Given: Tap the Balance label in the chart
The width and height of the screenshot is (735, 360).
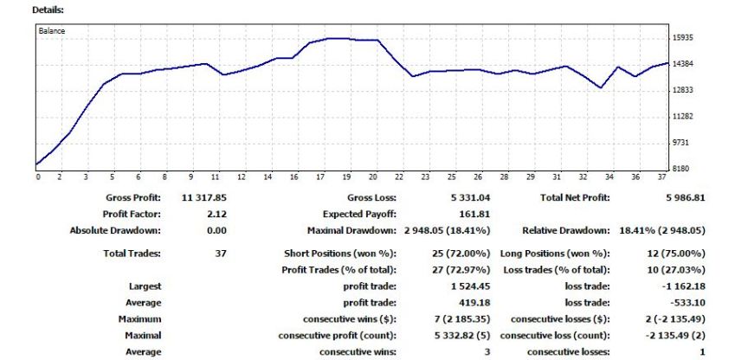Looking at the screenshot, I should pyautogui.click(x=52, y=30).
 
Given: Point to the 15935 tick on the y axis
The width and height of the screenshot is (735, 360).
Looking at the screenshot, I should pyautogui.click(x=683, y=38).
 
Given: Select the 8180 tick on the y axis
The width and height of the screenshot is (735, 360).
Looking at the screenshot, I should pyautogui.click(x=680, y=169).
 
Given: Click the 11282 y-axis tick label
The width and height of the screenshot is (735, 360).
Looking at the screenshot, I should pyautogui.click(x=683, y=116).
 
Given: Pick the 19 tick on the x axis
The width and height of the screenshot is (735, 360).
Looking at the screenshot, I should pyautogui.click(x=346, y=177).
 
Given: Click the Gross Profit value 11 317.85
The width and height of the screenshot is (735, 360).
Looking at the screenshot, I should pyautogui.click(x=203, y=197).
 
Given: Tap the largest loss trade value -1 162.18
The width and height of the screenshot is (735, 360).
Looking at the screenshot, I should pyautogui.click(x=684, y=286).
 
